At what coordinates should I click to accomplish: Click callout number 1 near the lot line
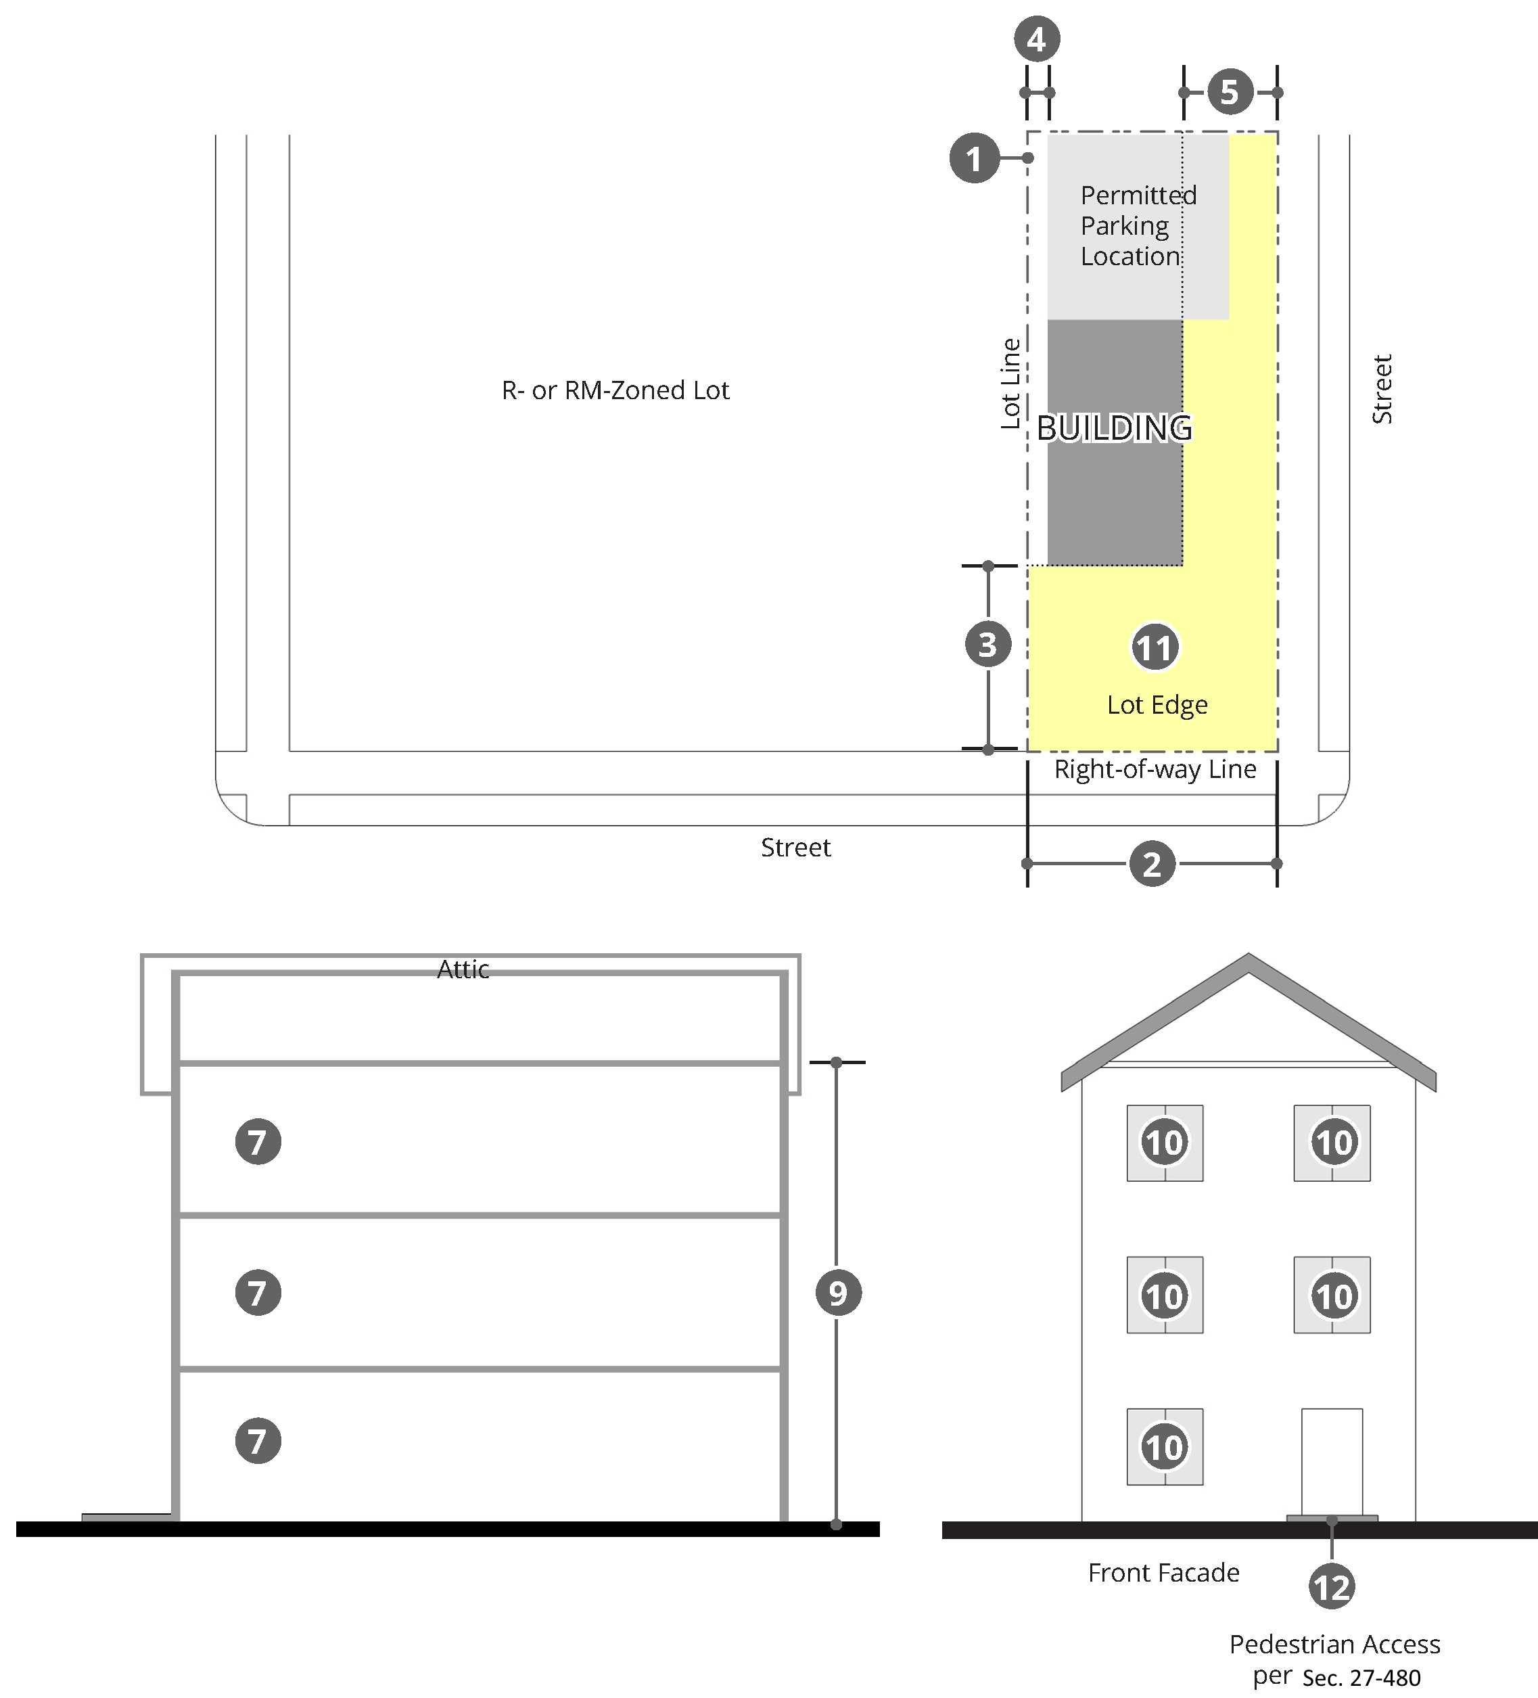tap(974, 158)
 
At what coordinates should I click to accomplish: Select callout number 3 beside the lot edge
tap(988, 644)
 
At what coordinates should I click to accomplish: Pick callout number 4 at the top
tap(1037, 39)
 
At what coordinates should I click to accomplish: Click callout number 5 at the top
tap(1230, 92)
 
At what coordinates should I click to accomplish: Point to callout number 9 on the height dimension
tap(838, 1292)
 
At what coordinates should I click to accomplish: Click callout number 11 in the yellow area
tap(1155, 647)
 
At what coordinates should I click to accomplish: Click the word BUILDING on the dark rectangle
tap(1115, 428)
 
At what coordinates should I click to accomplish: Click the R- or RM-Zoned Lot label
tap(615, 390)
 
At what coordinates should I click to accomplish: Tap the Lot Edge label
tap(1157, 704)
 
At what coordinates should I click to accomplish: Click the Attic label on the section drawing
tap(463, 969)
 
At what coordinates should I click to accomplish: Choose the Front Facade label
tap(1163, 1572)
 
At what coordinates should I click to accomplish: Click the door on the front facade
tap(1332, 1462)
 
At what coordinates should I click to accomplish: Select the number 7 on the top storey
tap(258, 1141)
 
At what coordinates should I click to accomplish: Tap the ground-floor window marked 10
tap(1165, 1447)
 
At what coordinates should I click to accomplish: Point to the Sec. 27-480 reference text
tap(1361, 1678)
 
